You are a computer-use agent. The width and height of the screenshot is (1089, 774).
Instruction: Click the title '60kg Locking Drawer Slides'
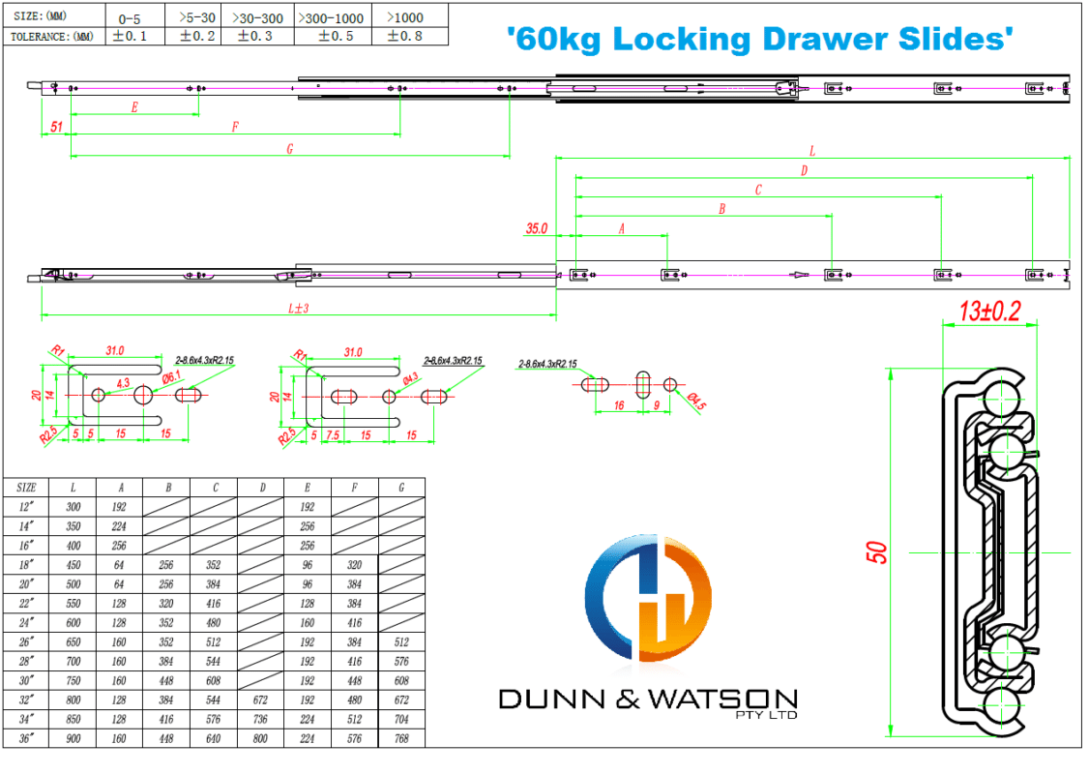click(760, 39)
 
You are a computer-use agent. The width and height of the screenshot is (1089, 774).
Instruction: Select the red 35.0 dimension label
click(537, 229)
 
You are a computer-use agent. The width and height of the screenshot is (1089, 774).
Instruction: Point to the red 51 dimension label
click(55, 127)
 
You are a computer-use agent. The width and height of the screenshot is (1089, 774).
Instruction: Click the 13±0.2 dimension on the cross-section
click(987, 312)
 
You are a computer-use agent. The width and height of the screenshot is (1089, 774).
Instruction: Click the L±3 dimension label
click(299, 308)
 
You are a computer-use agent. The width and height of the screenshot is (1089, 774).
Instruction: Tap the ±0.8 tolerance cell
click(403, 36)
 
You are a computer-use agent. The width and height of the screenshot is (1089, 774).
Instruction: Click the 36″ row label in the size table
click(27, 739)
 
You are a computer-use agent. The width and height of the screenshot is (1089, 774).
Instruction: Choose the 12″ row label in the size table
click(27, 507)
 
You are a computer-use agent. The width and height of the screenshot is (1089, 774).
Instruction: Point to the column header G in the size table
click(401, 488)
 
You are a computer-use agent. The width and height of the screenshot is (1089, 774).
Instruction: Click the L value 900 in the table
click(74, 739)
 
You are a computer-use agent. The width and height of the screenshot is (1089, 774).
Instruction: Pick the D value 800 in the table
click(261, 739)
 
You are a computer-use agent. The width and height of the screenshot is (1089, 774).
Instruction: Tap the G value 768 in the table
click(401, 739)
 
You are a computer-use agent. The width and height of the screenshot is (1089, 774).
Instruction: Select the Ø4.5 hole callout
click(694, 400)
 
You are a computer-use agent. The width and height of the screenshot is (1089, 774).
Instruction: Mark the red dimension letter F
click(235, 127)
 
